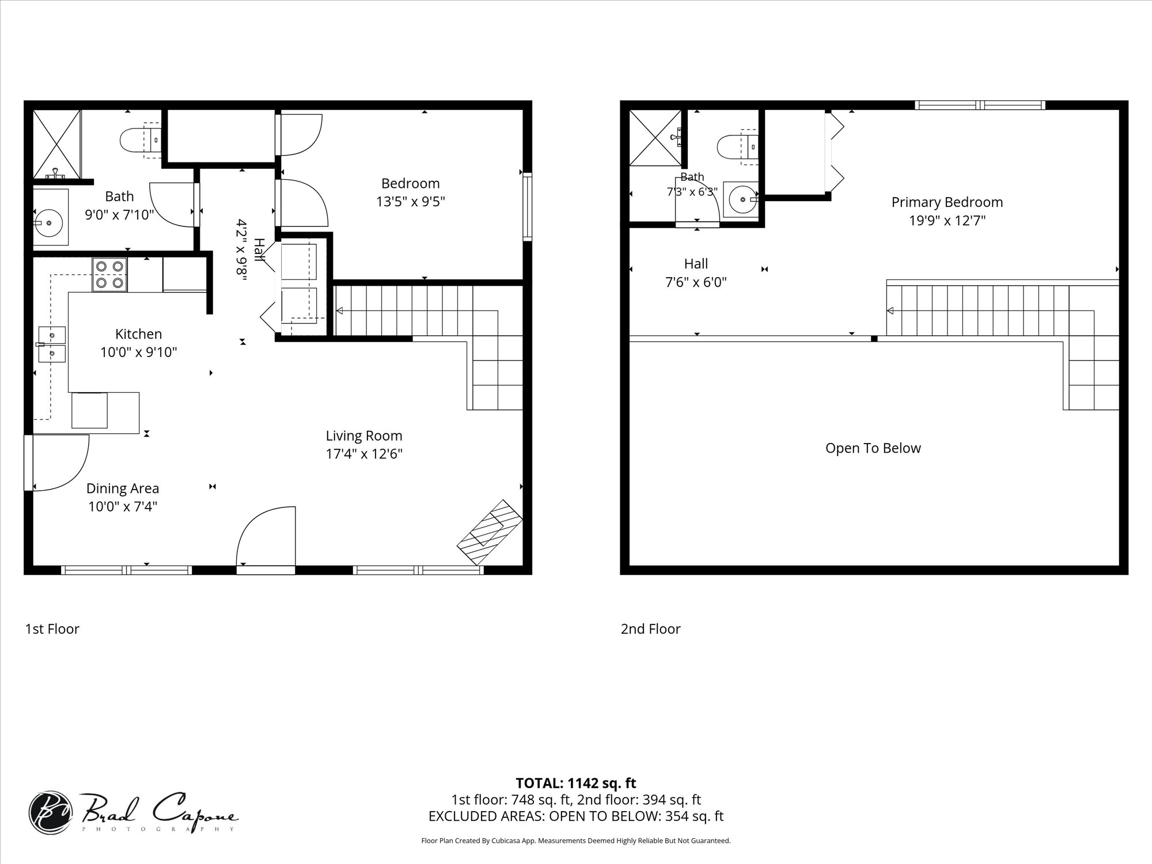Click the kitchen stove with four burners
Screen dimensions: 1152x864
[110, 275]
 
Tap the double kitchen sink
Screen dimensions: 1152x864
[52, 344]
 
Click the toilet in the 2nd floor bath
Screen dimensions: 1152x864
[737, 147]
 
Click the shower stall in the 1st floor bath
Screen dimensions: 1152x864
[56, 144]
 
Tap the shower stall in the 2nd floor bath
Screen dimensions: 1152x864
[655, 137]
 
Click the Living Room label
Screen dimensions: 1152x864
[364, 436]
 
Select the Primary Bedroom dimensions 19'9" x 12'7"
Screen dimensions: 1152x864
[948, 221]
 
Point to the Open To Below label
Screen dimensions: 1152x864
[873, 448]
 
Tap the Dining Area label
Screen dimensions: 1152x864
[123, 488]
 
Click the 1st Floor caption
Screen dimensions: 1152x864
[52, 628]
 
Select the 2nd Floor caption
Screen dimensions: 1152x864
[650, 628]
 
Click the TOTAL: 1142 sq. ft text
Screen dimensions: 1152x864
[576, 783]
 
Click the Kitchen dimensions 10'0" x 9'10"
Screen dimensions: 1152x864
[139, 352]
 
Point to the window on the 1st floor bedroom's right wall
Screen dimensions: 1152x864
[527, 208]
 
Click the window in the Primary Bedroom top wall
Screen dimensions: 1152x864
[980, 105]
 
